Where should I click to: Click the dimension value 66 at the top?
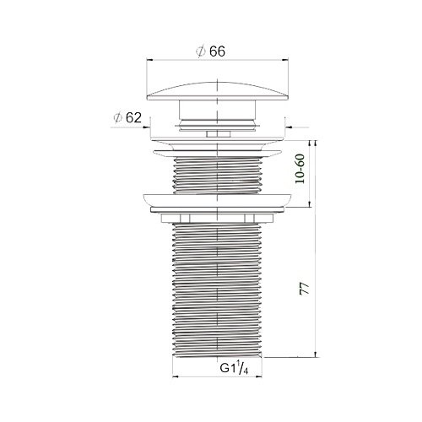coord(217,51)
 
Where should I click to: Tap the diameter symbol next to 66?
coord(201,51)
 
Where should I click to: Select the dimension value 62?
coord(133,117)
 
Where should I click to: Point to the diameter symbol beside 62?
coord(117,118)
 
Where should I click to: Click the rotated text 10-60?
coord(300,169)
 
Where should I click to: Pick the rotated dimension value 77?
coord(304,289)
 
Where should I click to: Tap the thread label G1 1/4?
coord(234,368)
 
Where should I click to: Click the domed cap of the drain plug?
coord(218,91)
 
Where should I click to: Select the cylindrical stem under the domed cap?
coord(217,110)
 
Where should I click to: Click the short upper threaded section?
coord(218,175)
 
